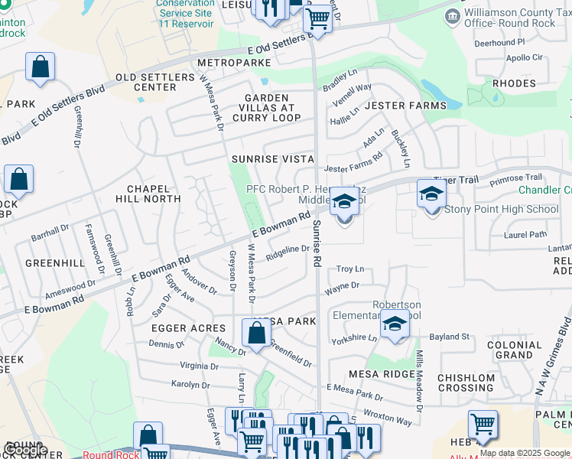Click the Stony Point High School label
click(x=502, y=209)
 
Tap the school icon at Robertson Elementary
click(x=395, y=324)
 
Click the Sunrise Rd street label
click(x=316, y=244)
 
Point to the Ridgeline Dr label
click(x=288, y=249)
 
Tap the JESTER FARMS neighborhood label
click(x=405, y=105)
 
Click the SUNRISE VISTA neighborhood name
click(x=273, y=158)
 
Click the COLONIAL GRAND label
click(x=514, y=350)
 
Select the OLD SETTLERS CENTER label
click(x=145, y=82)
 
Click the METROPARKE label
click(x=230, y=62)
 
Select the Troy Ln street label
click(x=350, y=269)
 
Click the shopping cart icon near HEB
click(x=483, y=424)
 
